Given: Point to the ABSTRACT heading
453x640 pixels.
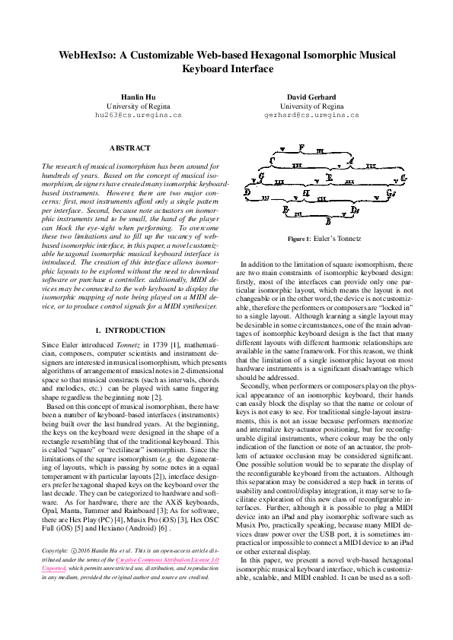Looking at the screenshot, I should click(x=130, y=148).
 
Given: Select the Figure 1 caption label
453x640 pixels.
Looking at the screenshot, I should click(x=298, y=239).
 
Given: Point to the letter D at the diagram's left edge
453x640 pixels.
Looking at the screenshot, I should click(x=247, y=193).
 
